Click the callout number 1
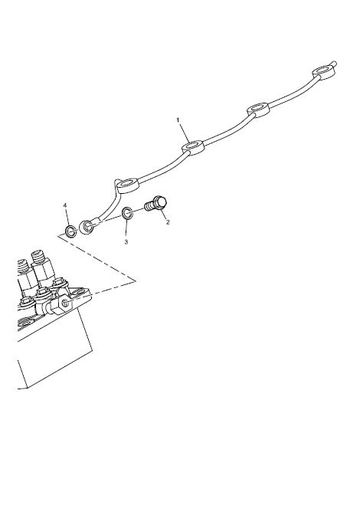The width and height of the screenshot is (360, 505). point(178,120)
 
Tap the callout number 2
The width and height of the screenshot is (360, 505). point(168,222)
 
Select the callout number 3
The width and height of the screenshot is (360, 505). point(126,242)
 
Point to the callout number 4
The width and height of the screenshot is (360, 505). point(65,205)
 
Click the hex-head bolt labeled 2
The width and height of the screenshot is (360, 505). point(156,204)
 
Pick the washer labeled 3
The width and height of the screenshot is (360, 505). point(126,213)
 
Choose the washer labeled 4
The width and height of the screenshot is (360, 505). point(70,231)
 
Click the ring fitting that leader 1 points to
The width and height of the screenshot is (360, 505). point(192,147)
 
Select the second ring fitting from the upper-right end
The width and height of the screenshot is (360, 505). point(258,110)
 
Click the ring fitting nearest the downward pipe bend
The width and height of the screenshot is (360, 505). point(128,185)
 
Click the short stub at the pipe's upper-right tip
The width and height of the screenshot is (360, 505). point(335,64)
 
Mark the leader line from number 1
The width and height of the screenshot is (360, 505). point(185,133)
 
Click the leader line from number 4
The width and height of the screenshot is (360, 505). point(67,216)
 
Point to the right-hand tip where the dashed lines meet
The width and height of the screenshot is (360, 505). point(136,281)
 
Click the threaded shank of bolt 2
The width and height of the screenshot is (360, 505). point(149,206)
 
